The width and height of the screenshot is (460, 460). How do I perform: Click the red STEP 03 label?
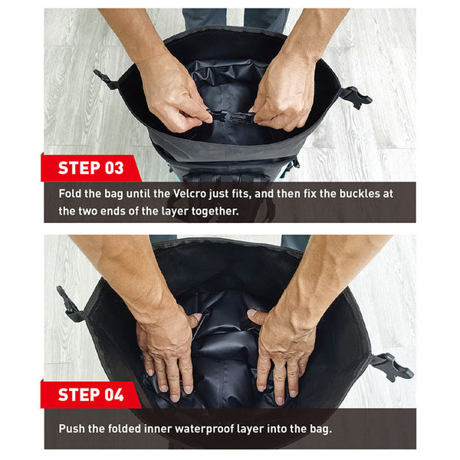[x=91, y=168]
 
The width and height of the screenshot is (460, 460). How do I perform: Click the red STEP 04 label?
[x=91, y=395]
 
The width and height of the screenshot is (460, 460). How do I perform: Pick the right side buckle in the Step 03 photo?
[x=356, y=97]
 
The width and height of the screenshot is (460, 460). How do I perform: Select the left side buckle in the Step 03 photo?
[x=106, y=79]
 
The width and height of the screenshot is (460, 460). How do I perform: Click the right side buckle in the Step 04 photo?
[x=392, y=367]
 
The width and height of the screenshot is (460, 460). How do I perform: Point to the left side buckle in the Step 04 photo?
[x=69, y=304]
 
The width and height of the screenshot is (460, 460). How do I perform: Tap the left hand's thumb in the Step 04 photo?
[x=194, y=319]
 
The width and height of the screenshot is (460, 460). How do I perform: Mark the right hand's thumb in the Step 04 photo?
[x=256, y=316]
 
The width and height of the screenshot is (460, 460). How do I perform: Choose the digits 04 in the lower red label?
[x=114, y=395]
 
